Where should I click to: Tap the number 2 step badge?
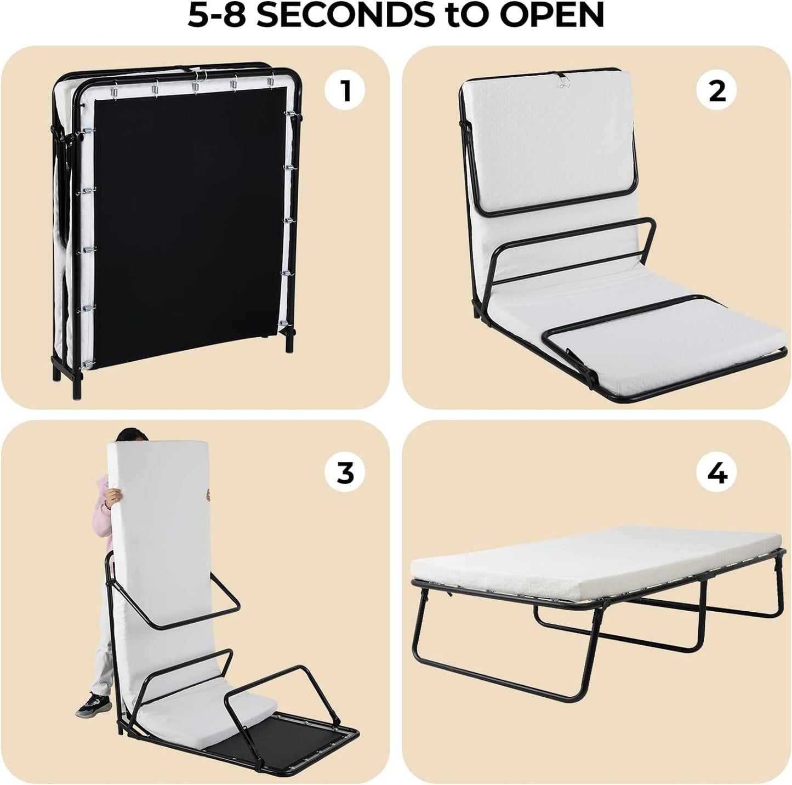(717, 91)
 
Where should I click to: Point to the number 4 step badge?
(717, 472)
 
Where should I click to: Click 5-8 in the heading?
(219, 16)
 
